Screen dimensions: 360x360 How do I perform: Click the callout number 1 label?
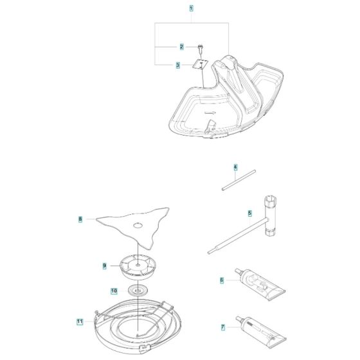click(191, 8)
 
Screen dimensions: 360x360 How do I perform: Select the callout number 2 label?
click(181, 47)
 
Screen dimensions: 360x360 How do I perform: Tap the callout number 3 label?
click(178, 65)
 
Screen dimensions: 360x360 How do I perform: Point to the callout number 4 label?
click(235, 167)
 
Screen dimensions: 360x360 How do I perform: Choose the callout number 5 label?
click(250, 213)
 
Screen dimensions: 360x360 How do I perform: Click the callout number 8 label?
click(80, 219)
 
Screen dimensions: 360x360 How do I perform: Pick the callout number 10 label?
click(114, 291)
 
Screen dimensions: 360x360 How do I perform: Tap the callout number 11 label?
click(80, 321)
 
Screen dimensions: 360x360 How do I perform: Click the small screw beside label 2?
click(201, 48)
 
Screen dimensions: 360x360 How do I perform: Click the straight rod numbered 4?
click(239, 180)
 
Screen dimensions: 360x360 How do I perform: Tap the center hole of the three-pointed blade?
click(138, 226)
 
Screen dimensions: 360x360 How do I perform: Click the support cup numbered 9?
click(138, 267)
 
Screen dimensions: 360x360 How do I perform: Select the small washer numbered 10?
click(138, 291)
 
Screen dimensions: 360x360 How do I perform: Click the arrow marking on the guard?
click(210, 113)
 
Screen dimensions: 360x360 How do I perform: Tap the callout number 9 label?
click(104, 266)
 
